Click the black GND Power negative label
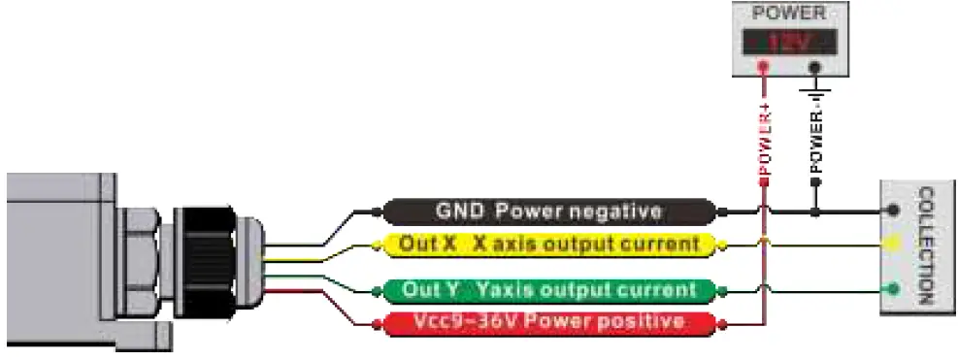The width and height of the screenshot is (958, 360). coord(549,211)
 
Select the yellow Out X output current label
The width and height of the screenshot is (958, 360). coord(549,243)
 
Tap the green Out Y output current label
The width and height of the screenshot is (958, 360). coord(549,289)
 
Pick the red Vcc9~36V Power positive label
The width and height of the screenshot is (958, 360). coord(549,321)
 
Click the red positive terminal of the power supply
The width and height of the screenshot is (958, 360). coord(763,67)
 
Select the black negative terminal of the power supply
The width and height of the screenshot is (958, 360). coord(815,67)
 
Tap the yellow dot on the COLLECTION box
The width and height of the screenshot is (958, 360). coord(890,245)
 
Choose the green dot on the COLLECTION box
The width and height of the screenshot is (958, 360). coord(892,288)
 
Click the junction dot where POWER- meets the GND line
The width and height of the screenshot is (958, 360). coord(816,211)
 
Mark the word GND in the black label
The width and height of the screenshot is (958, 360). coord(455,211)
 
